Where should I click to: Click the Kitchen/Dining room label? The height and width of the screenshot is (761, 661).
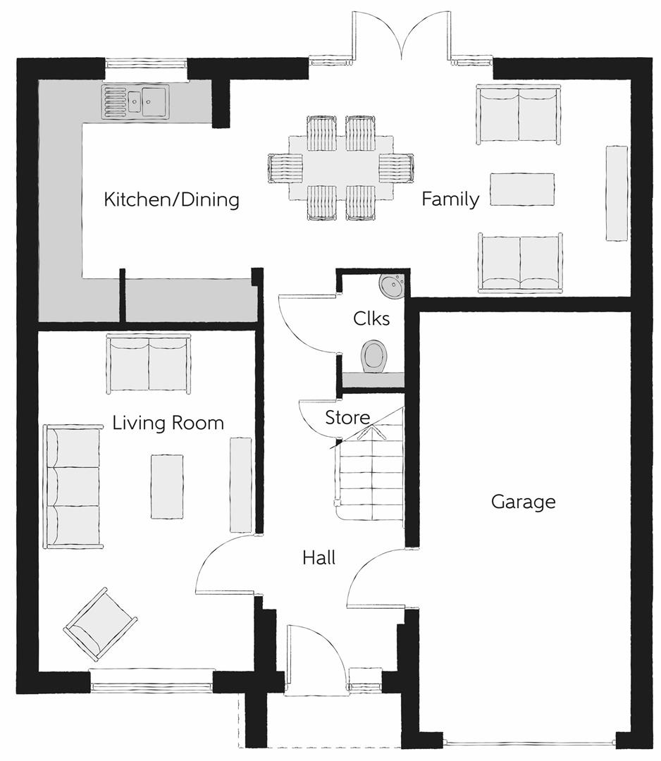pos(171,199)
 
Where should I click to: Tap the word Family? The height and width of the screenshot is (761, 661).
pos(450,199)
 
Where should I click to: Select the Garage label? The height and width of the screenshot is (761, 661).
pos(523,502)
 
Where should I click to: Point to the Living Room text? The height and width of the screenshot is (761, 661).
pos(168,423)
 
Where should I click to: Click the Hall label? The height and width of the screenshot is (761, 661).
pos(319,557)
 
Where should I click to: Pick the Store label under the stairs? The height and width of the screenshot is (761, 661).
pos(347,417)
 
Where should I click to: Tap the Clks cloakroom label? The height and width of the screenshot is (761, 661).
pos(371,318)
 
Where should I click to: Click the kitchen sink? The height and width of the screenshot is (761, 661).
pos(135,101)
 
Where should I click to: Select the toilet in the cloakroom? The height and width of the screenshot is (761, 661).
pos(374,357)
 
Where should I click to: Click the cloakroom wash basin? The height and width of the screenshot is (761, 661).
pos(392,285)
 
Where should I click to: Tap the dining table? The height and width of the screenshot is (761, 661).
pos(340,168)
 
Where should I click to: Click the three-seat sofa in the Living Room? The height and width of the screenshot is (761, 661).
pos(73,486)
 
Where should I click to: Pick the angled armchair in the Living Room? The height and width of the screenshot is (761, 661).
pos(100,624)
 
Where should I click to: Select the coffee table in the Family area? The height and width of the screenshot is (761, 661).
pos(522,190)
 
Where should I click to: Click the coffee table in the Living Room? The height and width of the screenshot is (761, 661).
pos(167,486)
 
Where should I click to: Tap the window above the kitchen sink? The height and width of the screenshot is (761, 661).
pos(146,63)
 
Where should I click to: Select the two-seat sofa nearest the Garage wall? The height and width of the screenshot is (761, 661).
pos(521,263)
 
